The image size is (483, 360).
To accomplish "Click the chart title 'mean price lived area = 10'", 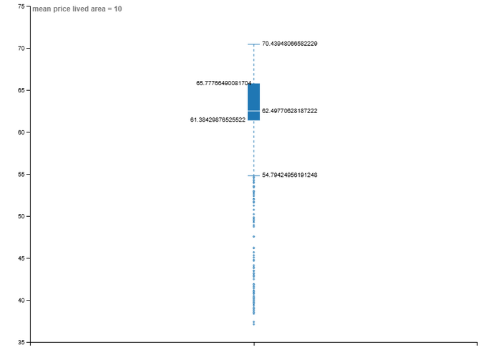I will click(x=77, y=9).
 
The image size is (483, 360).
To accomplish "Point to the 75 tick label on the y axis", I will click(x=21, y=6).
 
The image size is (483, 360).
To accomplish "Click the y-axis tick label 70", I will click(x=21, y=49).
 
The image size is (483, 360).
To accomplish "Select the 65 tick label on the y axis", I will click(x=21, y=91).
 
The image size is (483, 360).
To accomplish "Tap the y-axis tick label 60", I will click(x=21, y=132).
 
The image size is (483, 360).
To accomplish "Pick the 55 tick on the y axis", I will click(x=21, y=175).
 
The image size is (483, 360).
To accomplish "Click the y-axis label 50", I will click(x=21, y=216).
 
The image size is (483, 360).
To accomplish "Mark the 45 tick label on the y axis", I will click(x=21, y=258).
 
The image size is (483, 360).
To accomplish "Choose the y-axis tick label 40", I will click(x=21, y=301).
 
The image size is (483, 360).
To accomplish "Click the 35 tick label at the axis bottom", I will click(x=21, y=342).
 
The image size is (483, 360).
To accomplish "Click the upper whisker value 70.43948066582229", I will click(x=289, y=44).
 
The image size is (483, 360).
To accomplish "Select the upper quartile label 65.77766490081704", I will click(x=223, y=83).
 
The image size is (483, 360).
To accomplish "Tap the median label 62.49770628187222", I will click(x=289, y=111).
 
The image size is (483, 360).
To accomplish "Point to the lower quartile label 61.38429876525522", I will click(x=218, y=120).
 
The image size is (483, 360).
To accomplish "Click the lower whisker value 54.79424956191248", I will click(x=289, y=175).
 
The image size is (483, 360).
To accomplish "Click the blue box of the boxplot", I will click(x=253, y=97).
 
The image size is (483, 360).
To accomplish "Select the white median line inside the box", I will click(x=253, y=111).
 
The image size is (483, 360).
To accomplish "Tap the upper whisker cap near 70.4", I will click(x=253, y=44).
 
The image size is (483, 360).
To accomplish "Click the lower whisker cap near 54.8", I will click(x=253, y=175).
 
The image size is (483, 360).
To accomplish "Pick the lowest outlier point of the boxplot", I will click(x=253, y=324).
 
